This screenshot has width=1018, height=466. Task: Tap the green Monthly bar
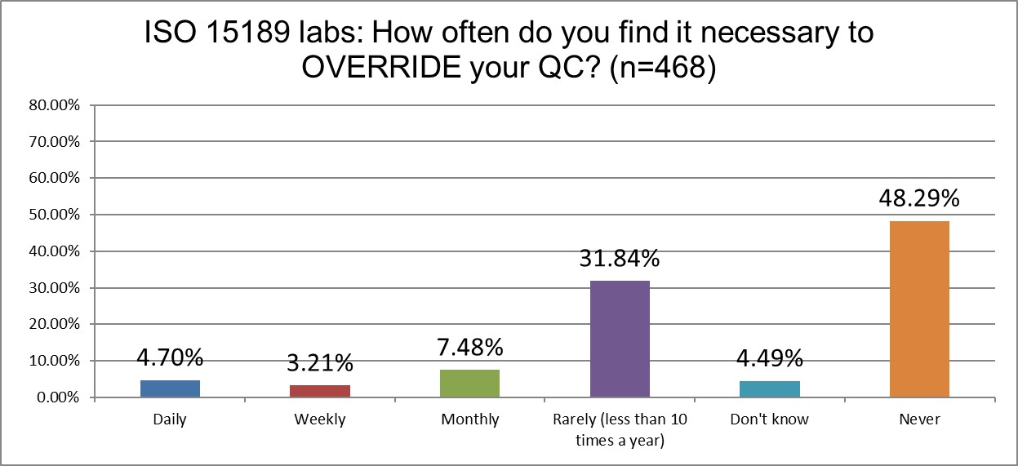(469, 384)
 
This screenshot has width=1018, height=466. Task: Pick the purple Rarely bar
(620, 339)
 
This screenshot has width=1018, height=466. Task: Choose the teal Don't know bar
(769, 389)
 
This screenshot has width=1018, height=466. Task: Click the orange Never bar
(919, 309)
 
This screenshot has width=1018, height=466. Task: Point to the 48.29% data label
(919, 199)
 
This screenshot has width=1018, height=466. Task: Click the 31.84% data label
(620, 260)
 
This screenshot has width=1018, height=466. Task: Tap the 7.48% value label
(469, 348)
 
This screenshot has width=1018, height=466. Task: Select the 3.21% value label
(320, 362)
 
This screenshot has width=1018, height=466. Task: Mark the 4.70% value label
(170, 357)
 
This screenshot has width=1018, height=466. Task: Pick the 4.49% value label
(769, 359)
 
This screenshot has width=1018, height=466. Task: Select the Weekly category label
(320, 419)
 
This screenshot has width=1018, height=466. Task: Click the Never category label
(919, 419)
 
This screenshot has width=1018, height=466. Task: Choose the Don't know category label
(769, 419)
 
